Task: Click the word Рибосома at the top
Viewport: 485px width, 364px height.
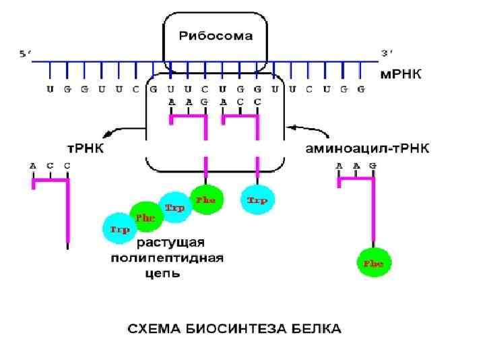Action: tap(216, 36)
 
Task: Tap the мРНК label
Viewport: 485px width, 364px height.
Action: tap(401, 75)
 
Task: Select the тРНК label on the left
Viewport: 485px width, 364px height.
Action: tap(84, 148)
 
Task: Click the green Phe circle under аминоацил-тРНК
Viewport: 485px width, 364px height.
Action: tap(374, 264)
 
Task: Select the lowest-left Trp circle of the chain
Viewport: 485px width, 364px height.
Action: tap(119, 229)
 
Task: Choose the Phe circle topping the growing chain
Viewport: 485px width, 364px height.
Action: tap(205, 200)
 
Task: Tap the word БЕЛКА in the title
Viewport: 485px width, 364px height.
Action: tap(318, 329)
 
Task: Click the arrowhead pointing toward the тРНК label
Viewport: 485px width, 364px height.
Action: tap(103, 136)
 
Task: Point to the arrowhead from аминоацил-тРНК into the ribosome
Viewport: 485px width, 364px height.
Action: tap(289, 125)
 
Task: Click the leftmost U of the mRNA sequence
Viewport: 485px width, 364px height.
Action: tap(50, 89)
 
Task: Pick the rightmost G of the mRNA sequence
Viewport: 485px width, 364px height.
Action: tap(360, 89)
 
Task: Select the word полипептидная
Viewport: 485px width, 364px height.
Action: tap(166, 258)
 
